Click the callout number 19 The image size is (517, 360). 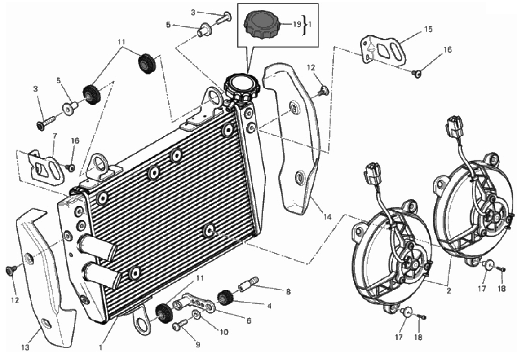[x=297, y=24]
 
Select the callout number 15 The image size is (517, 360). [x=428, y=29]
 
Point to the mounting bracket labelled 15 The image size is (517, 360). [x=383, y=51]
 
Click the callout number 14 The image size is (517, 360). [x=327, y=217]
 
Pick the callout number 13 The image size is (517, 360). [x=26, y=347]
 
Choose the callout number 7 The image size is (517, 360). [x=55, y=136]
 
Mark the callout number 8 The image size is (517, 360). [x=288, y=292]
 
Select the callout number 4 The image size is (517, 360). [x=270, y=306]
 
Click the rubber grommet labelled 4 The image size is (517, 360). [x=225, y=298]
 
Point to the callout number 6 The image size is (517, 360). [x=248, y=320]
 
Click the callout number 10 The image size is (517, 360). [x=224, y=332]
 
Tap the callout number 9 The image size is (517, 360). [x=198, y=345]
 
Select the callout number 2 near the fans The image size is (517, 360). [x=448, y=291]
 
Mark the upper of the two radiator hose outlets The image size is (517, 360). [x=97, y=248]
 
